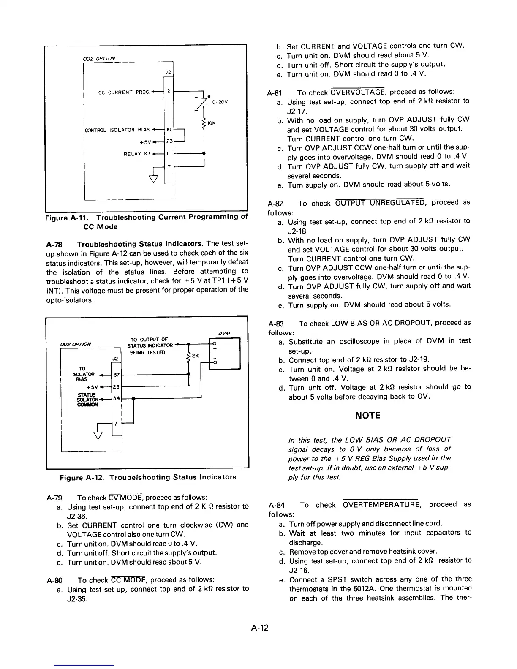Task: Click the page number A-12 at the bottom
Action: tap(258, 628)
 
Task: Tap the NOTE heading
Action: tap(367, 415)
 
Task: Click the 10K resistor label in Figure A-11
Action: tap(212, 123)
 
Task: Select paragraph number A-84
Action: tap(277, 505)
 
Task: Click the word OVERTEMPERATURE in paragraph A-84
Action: tap(381, 505)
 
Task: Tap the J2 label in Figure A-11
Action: tap(168, 72)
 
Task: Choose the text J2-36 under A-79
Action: tap(78, 516)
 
